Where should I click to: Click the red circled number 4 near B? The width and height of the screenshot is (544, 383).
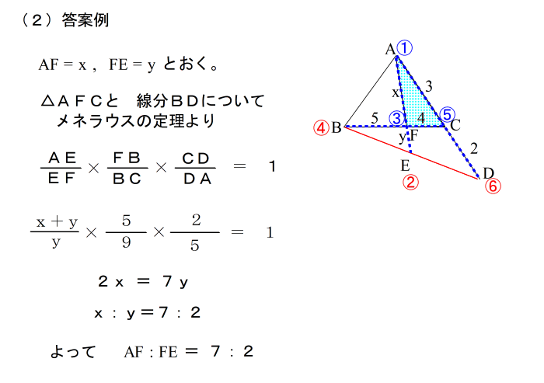[x=321, y=127]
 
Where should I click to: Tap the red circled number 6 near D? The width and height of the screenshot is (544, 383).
[x=492, y=186]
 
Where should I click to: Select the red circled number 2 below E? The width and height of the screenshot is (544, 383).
[x=411, y=183]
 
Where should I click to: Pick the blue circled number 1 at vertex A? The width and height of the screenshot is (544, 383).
[x=404, y=47]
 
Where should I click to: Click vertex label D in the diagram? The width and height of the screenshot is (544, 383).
[x=488, y=172]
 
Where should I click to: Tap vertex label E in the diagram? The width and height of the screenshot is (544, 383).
[x=405, y=165]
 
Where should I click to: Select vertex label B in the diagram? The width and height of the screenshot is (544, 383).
[x=337, y=127]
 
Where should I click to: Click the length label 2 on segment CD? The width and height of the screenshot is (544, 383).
[x=474, y=148]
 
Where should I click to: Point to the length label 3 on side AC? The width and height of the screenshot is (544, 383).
[x=429, y=85]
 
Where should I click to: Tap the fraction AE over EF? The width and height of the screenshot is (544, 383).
[x=61, y=166]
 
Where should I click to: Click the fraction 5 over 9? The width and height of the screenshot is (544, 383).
[x=126, y=232]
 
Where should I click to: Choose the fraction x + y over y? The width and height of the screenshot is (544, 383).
[x=56, y=232]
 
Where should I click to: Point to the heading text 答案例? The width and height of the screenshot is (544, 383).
[x=85, y=21]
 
